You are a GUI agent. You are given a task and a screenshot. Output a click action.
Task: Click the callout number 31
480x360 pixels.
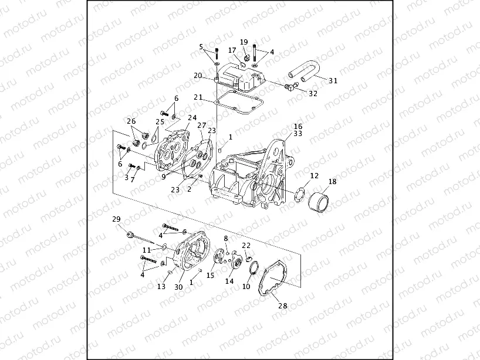(x=333, y=81)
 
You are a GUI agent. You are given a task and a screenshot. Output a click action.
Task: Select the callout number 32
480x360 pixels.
(x=313, y=93)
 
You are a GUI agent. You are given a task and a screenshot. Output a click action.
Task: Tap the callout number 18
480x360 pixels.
(x=332, y=182)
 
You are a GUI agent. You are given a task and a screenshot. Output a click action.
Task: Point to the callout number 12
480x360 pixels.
(x=315, y=175)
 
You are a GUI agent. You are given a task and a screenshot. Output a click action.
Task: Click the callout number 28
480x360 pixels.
(x=283, y=305)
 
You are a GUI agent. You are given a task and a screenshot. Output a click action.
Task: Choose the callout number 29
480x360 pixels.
(x=116, y=219)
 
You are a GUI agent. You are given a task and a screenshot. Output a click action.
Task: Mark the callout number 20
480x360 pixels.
(x=198, y=76)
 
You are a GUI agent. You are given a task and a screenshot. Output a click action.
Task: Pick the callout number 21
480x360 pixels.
(x=198, y=97)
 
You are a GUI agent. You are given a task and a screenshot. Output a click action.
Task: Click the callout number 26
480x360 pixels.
(x=131, y=121)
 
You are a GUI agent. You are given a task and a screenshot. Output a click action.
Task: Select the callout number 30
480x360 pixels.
(x=178, y=287)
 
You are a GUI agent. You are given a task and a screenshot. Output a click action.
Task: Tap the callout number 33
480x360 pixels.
(x=298, y=134)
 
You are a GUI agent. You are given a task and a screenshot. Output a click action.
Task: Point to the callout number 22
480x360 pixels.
(x=246, y=246)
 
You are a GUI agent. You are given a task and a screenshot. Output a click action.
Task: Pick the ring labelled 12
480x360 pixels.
(x=300, y=193)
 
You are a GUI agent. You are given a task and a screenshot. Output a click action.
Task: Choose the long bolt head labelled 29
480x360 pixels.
(x=128, y=234)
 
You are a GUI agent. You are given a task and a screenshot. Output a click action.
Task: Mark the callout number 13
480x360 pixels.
(x=161, y=287)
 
